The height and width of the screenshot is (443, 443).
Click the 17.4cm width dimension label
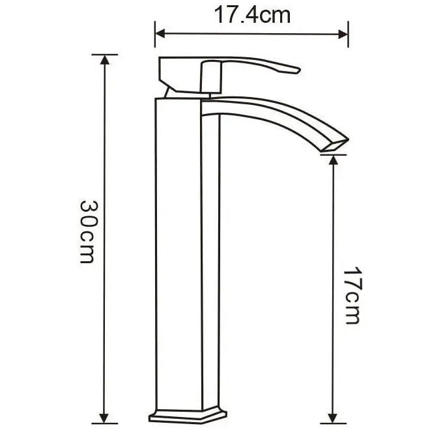click(x=252, y=16)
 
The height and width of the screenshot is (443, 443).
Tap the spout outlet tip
click(x=336, y=145)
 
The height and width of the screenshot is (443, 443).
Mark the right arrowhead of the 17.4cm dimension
click(x=345, y=34)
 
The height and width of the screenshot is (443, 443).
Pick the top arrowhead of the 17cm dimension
click(x=334, y=160)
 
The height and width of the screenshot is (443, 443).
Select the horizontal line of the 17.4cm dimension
click(x=252, y=34)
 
